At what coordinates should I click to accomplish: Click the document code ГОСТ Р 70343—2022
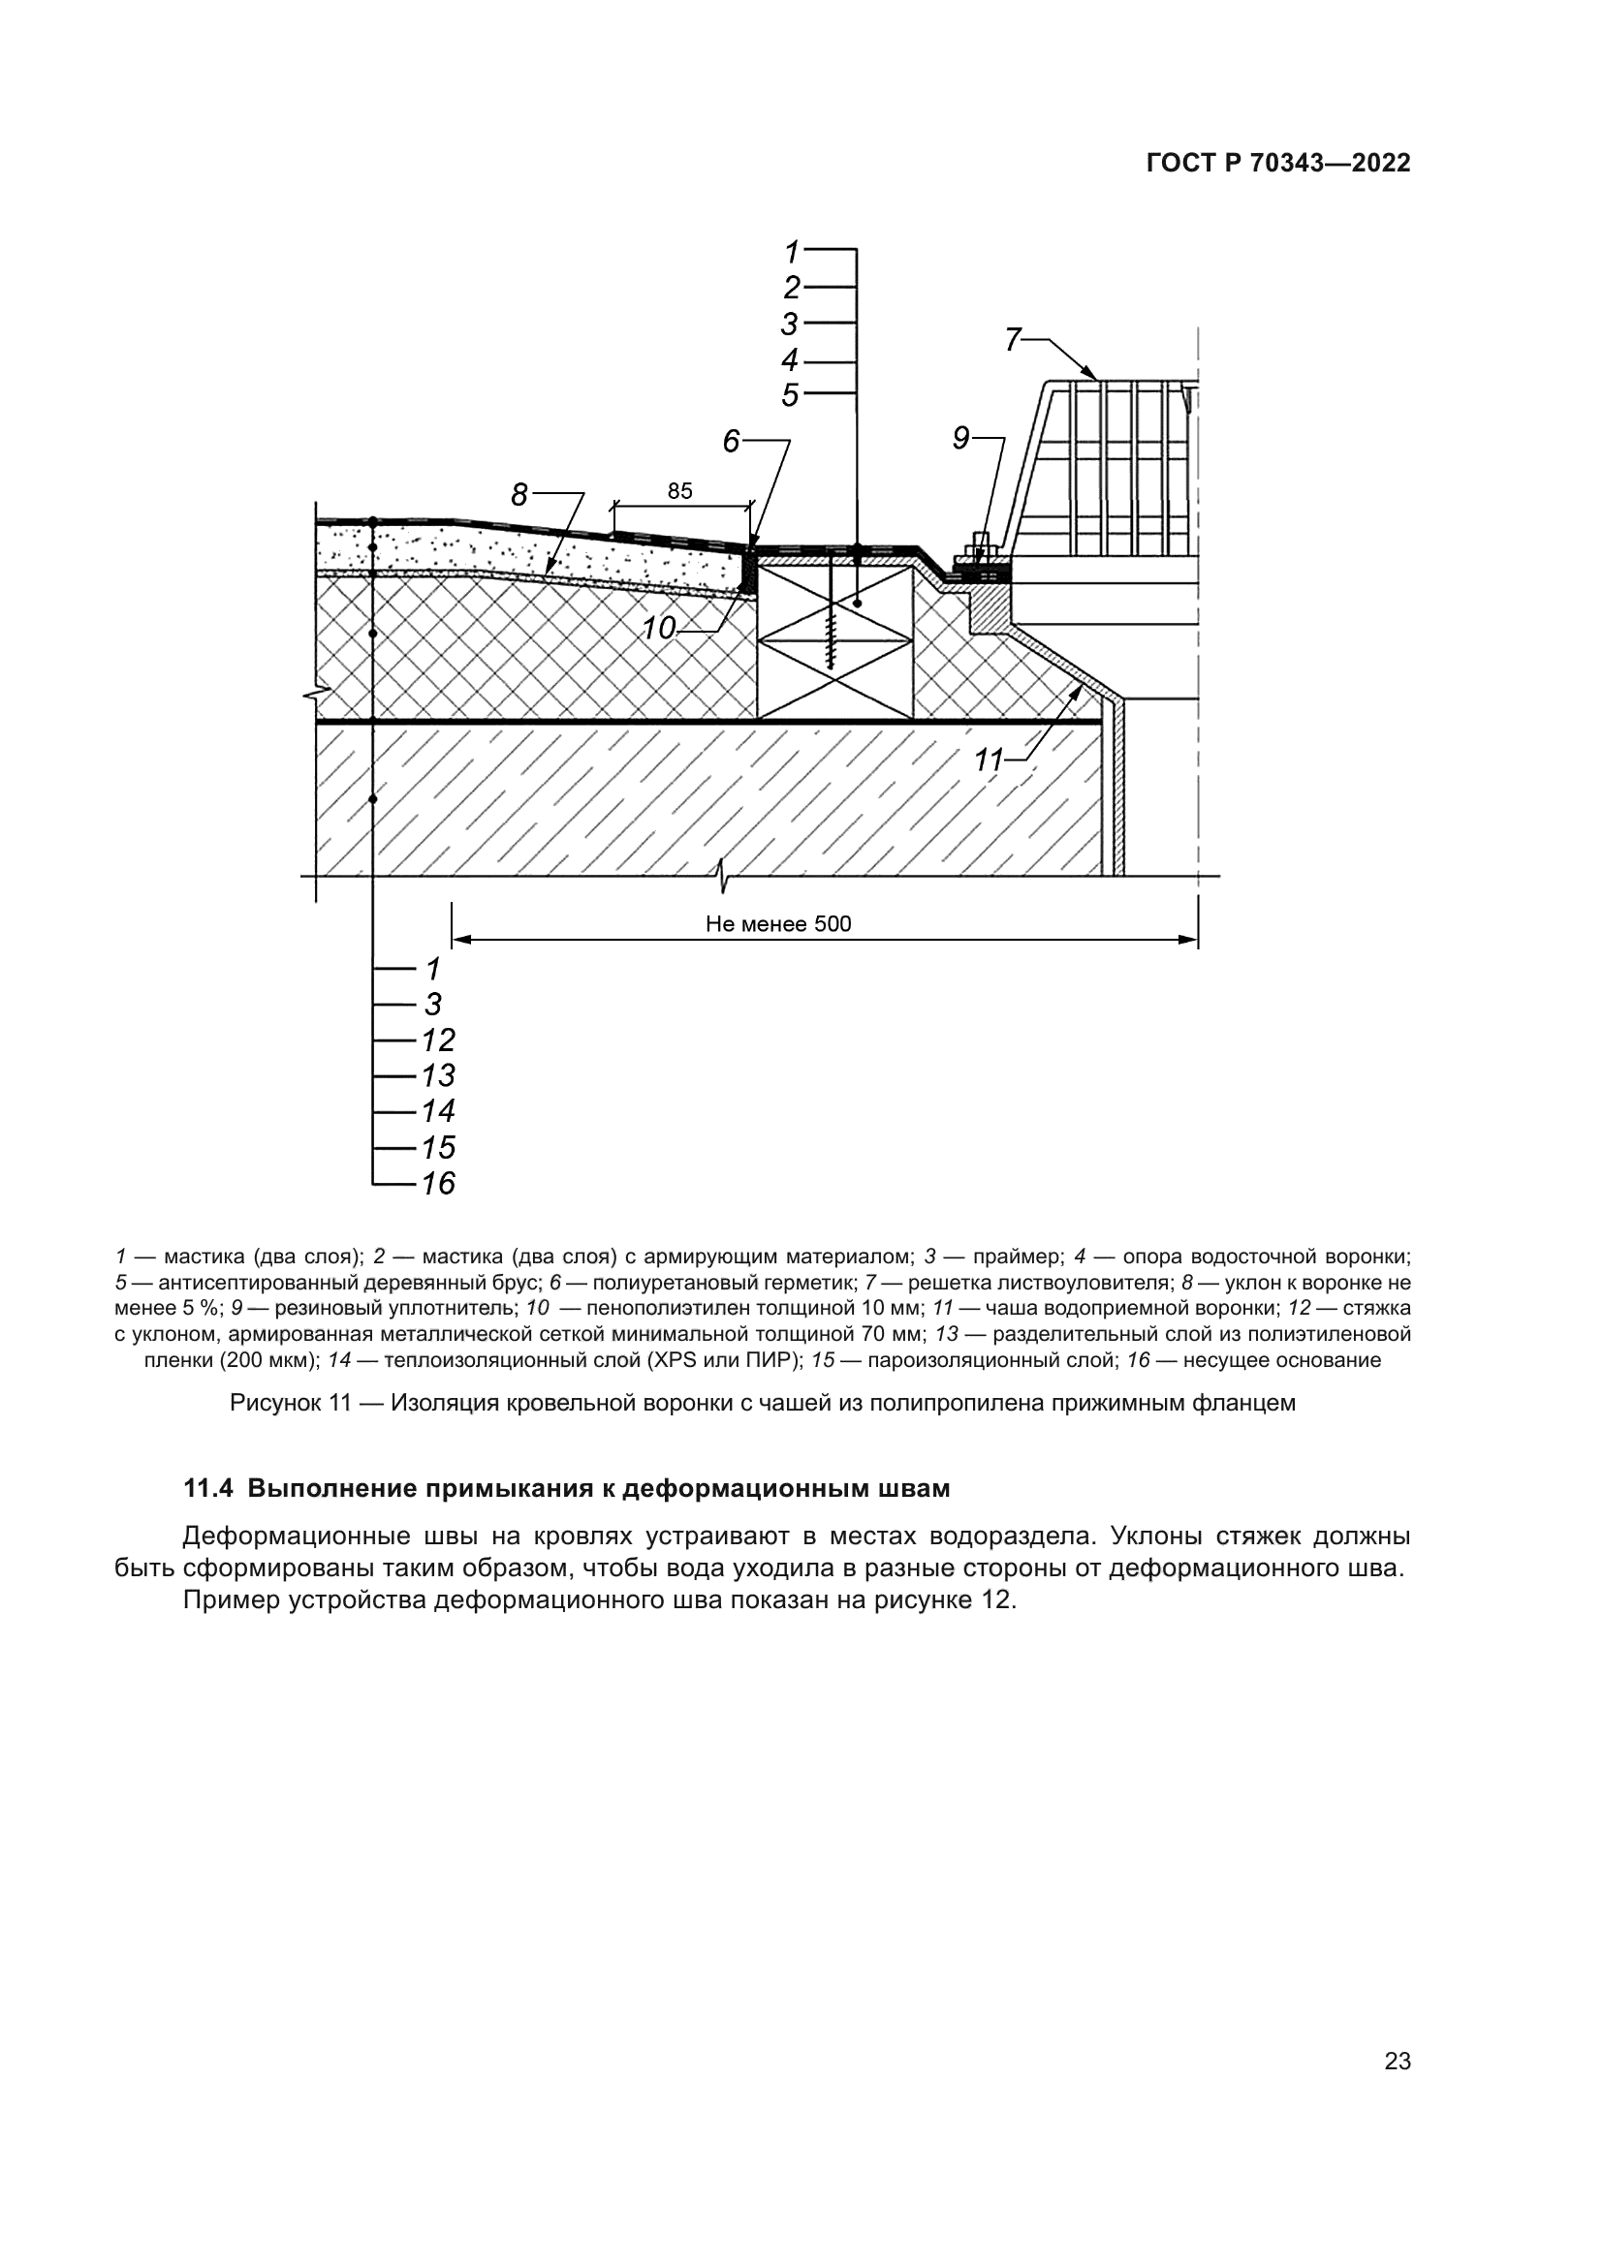click(x=1278, y=164)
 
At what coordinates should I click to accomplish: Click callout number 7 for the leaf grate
click(x=1013, y=339)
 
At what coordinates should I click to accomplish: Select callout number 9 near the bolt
click(x=961, y=439)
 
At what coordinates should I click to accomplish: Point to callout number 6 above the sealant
click(x=731, y=442)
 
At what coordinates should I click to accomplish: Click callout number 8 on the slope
click(x=520, y=494)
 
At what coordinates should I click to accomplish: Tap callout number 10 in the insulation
click(x=658, y=628)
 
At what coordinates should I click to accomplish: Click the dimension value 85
click(x=680, y=491)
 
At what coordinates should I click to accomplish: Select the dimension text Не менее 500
click(x=778, y=924)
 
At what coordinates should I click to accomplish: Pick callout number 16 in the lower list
click(x=438, y=1183)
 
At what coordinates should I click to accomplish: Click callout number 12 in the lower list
click(x=438, y=1040)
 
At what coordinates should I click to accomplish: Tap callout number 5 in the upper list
click(x=790, y=396)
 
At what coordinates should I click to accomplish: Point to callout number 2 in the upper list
click(x=792, y=288)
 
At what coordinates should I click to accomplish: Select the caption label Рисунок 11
click(x=290, y=1403)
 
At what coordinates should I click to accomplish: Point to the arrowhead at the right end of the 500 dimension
click(x=1188, y=940)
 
